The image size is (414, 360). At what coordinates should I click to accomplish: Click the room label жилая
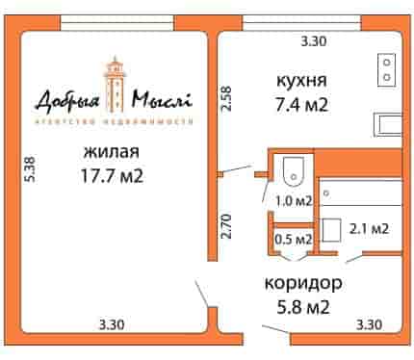click(111, 152)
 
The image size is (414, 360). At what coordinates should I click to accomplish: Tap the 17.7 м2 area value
click(112, 175)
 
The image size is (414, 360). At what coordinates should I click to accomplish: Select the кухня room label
click(301, 81)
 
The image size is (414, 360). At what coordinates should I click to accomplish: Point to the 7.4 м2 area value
click(301, 104)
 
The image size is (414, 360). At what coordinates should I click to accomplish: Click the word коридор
click(303, 284)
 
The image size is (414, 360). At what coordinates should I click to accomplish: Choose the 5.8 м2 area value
click(303, 307)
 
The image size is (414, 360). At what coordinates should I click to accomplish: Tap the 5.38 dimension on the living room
click(31, 169)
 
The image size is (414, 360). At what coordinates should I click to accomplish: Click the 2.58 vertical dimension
click(226, 98)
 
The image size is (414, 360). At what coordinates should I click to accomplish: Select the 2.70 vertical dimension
click(226, 226)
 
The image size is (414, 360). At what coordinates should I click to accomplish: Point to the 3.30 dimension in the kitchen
click(313, 41)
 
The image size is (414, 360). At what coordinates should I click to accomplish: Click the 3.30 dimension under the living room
click(112, 324)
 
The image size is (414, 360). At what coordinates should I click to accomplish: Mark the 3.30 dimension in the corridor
click(369, 324)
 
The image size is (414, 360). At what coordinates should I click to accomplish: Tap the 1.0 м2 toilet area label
click(294, 201)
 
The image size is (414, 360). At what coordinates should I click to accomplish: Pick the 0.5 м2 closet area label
click(294, 239)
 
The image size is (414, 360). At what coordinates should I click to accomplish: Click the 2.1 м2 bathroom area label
click(369, 229)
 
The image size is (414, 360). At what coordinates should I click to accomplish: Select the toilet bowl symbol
click(294, 172)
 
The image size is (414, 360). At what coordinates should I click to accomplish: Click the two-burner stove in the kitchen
click(387, 70)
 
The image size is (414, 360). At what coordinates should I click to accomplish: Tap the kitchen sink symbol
click(388, 125)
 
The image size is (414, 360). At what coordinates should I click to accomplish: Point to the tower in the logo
click(114, 85)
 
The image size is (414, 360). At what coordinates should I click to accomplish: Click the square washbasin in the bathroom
click(331, 230)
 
